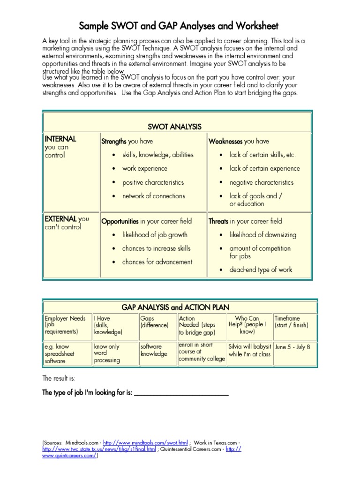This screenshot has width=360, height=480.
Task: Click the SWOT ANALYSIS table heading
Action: coord(174,127)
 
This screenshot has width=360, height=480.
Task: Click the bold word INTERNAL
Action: coord(60,139)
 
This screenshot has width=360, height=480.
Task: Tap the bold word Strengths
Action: coord(114,142)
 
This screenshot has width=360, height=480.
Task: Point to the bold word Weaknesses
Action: coord(225,142)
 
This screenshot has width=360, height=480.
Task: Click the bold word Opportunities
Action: coord(120,221)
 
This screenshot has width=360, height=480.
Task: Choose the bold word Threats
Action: coord(218,221)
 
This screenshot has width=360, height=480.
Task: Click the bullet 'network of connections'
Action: coord(154,196)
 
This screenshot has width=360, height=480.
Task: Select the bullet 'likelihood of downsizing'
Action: coord(263,235)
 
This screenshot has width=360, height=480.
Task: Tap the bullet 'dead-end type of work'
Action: coord(261,270)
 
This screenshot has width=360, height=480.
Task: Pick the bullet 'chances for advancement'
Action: coord(157,262)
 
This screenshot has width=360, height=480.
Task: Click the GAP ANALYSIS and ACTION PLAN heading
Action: coord(175,307)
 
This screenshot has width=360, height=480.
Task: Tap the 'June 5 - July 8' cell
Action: coord(292,347)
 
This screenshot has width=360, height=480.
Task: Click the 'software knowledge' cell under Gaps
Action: coord(154,350)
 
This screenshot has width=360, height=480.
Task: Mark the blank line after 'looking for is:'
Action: coord(182,394)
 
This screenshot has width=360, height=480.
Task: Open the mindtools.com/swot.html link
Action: coord(145,442)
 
